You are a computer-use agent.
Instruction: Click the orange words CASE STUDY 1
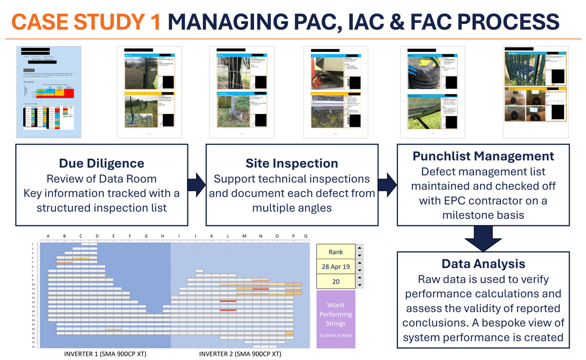[x=86, y=22]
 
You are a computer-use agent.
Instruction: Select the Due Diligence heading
[x=101, y=163]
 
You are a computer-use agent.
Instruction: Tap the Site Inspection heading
[x=292, y=163]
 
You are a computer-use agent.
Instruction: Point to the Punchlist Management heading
[x=483, y=156]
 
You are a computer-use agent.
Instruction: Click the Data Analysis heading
[x=483, y=264]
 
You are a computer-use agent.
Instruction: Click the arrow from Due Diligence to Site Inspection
[x=197, y=185]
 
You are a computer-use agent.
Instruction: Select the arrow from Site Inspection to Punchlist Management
[x=387, y=185]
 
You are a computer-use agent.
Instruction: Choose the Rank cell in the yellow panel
[x=336, y=252]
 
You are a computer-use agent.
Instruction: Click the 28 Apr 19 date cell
[x=336, y=267]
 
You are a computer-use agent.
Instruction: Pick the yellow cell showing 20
[x=336, y=282]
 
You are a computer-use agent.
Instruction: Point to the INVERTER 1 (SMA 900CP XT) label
[x=105, y=354]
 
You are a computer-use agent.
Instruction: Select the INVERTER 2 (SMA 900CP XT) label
[x=240, y=354]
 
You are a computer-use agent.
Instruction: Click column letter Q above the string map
[x=306, y=236]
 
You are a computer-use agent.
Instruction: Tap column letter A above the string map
[x=48, y=236]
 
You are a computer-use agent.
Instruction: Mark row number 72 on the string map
[x=33, y=347]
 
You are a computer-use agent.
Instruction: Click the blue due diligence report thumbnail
[x=49, y=92]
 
